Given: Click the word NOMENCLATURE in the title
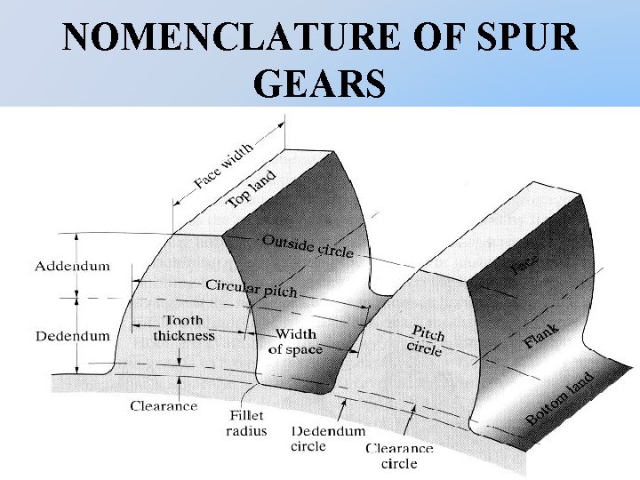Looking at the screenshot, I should pos(226,37).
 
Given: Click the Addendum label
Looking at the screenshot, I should pos(73,266).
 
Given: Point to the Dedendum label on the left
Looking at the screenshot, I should pos(73,336).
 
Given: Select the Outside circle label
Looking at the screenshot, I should pos(308,245).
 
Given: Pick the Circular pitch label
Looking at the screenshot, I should pos(252,288).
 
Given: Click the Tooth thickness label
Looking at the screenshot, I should pos(184,328).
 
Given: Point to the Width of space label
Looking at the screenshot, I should pos(295,342).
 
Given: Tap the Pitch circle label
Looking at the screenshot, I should pos(426,338).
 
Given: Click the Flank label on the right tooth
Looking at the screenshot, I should pos(541,336).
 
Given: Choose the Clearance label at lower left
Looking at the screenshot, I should pos(164,406).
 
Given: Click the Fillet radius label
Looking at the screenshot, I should pos(247,423).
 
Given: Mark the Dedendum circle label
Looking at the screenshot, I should pos(328,438).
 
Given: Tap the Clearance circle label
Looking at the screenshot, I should pos(399,456).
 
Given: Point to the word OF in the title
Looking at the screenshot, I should pos(426,37).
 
